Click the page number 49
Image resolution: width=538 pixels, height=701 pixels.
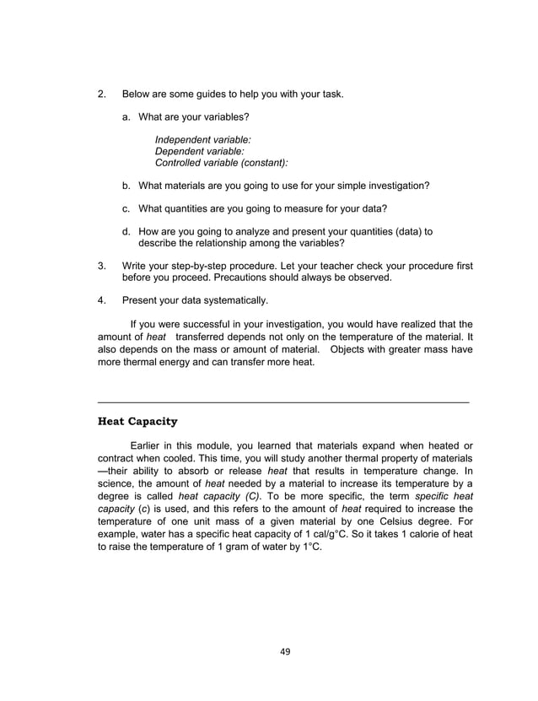click(284, 650)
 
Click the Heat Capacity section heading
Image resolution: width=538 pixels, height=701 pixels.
click(137, 421)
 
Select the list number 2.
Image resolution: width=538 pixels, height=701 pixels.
click(101, 94)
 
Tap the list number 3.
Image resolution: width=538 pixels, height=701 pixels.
click(101, 266)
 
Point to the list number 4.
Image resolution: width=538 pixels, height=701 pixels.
click(101, 299)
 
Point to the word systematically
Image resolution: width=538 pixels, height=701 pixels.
click(232, 299)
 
